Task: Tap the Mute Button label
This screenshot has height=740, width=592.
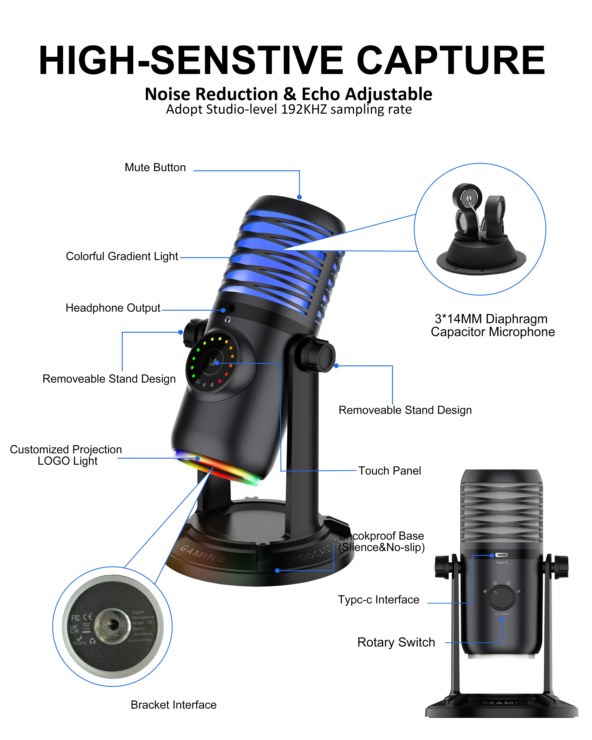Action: tap(155, 168)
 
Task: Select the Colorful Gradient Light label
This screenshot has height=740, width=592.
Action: tap(122, 256)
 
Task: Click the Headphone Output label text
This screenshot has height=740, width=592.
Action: tap(113, 308)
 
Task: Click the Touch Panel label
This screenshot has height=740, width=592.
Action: tap(390, 470)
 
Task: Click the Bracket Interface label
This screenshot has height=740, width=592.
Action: tap(174, 705)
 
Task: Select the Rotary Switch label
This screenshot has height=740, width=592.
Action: tap(396, 642)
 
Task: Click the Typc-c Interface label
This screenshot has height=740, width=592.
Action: tap(379, 600)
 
